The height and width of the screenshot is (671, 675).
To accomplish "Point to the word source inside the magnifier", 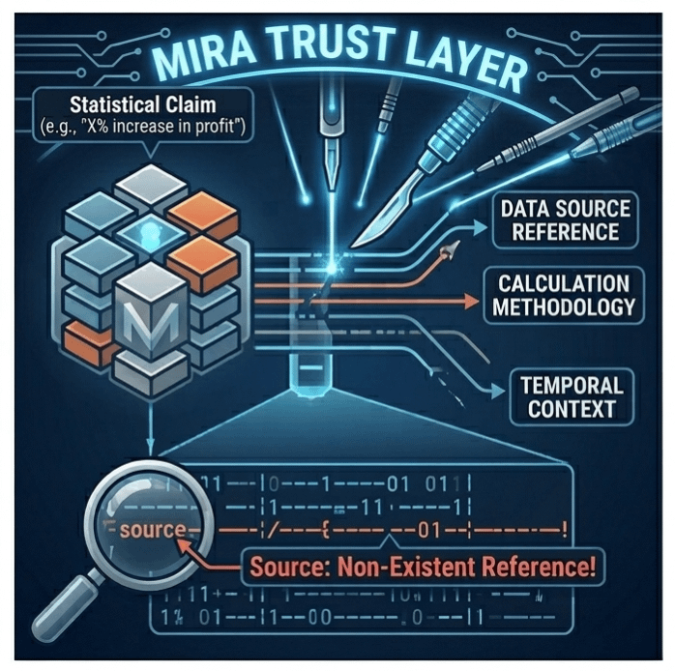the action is pos(152,530).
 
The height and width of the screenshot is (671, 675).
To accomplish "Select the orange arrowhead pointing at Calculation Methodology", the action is pos(468,300).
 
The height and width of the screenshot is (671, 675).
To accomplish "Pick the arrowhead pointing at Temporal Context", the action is pos(499,391).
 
